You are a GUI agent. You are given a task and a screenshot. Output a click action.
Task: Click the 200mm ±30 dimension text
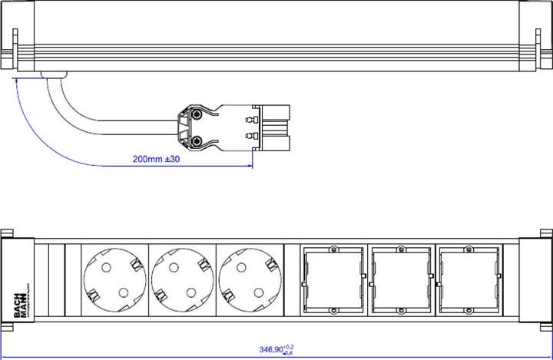point(156,159)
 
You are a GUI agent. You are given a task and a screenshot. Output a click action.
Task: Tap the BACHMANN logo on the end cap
point(20,280)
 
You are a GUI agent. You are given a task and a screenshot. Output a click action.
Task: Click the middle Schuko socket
point(183,279)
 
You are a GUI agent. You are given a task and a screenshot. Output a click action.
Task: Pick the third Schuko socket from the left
point(250,279)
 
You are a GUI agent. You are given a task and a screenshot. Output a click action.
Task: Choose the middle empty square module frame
point(401,279)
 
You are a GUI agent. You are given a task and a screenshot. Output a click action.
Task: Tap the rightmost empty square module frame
point(469,279)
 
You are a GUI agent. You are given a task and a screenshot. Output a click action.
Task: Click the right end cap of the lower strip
point(536,280)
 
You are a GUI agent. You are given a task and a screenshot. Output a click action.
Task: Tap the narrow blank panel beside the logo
point(55,280)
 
